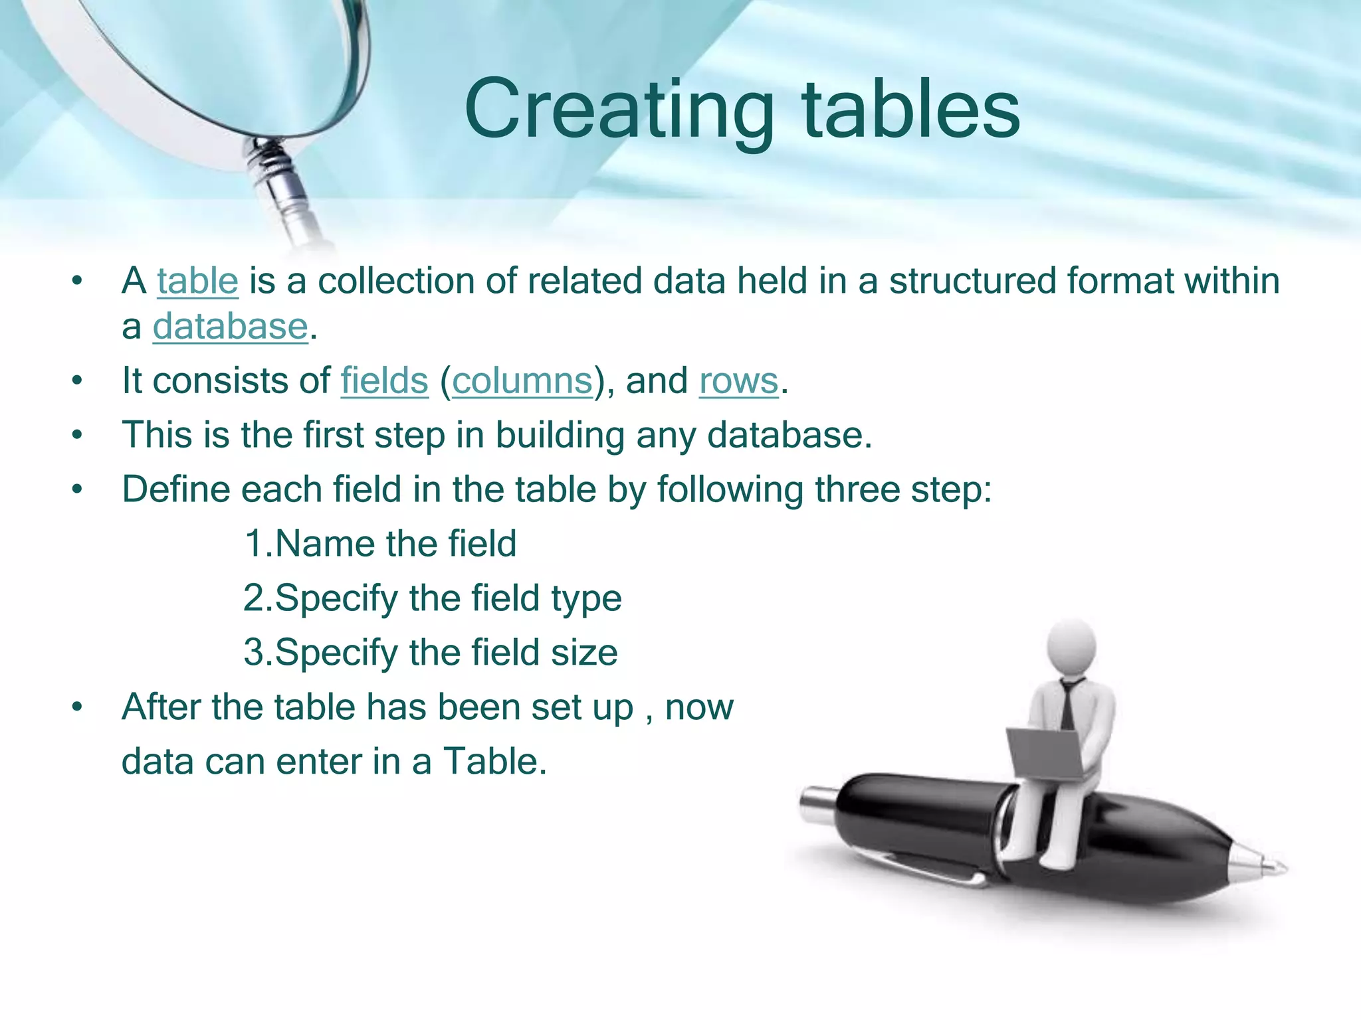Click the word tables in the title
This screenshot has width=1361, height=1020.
pos(910,110)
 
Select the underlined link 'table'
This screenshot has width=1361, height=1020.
pos(197,281)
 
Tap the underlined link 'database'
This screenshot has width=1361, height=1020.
pos(230,327)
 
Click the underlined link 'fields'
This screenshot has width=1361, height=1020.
pos(384,381)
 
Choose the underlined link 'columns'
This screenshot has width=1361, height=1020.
pos(522,381)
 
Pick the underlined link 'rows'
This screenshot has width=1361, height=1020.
pos(738,381)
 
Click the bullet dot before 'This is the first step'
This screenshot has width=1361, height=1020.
pos(78,436)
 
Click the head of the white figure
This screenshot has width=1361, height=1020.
pos(1071,647)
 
